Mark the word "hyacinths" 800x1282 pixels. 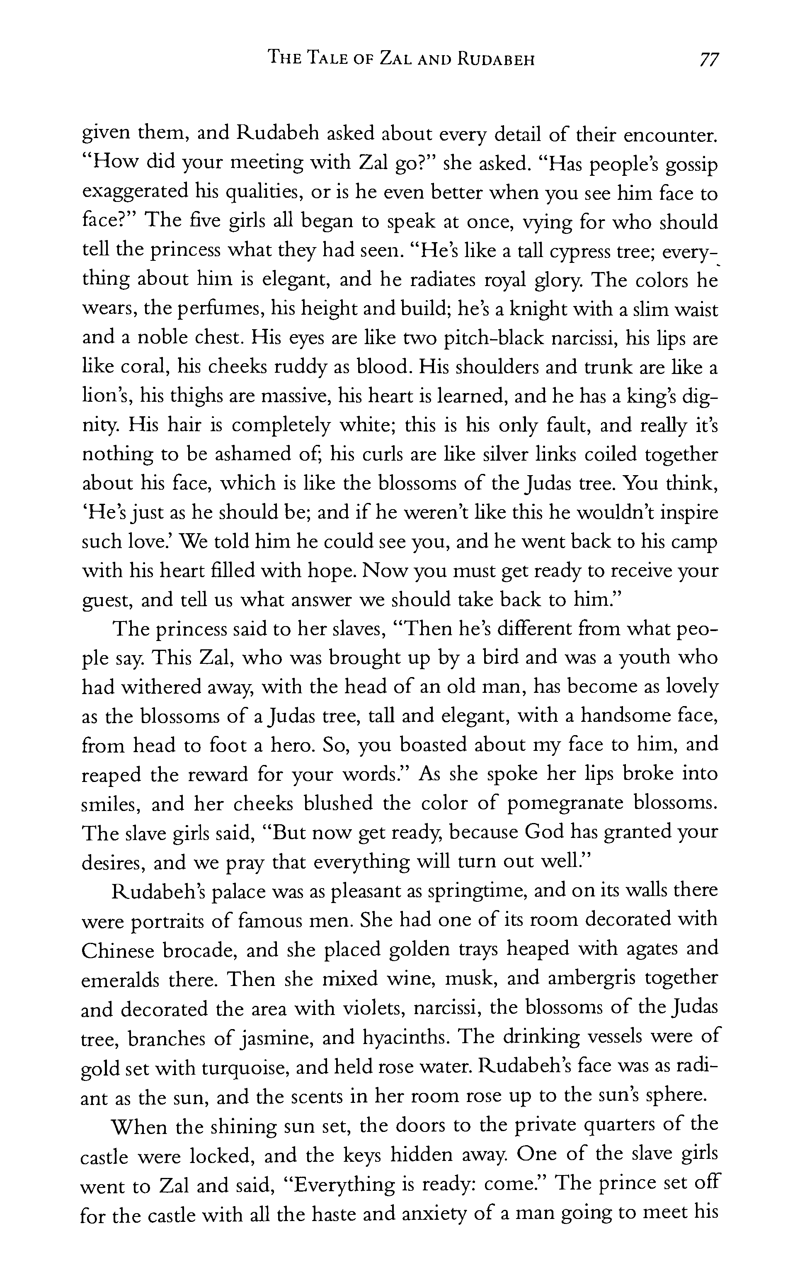406,1038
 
